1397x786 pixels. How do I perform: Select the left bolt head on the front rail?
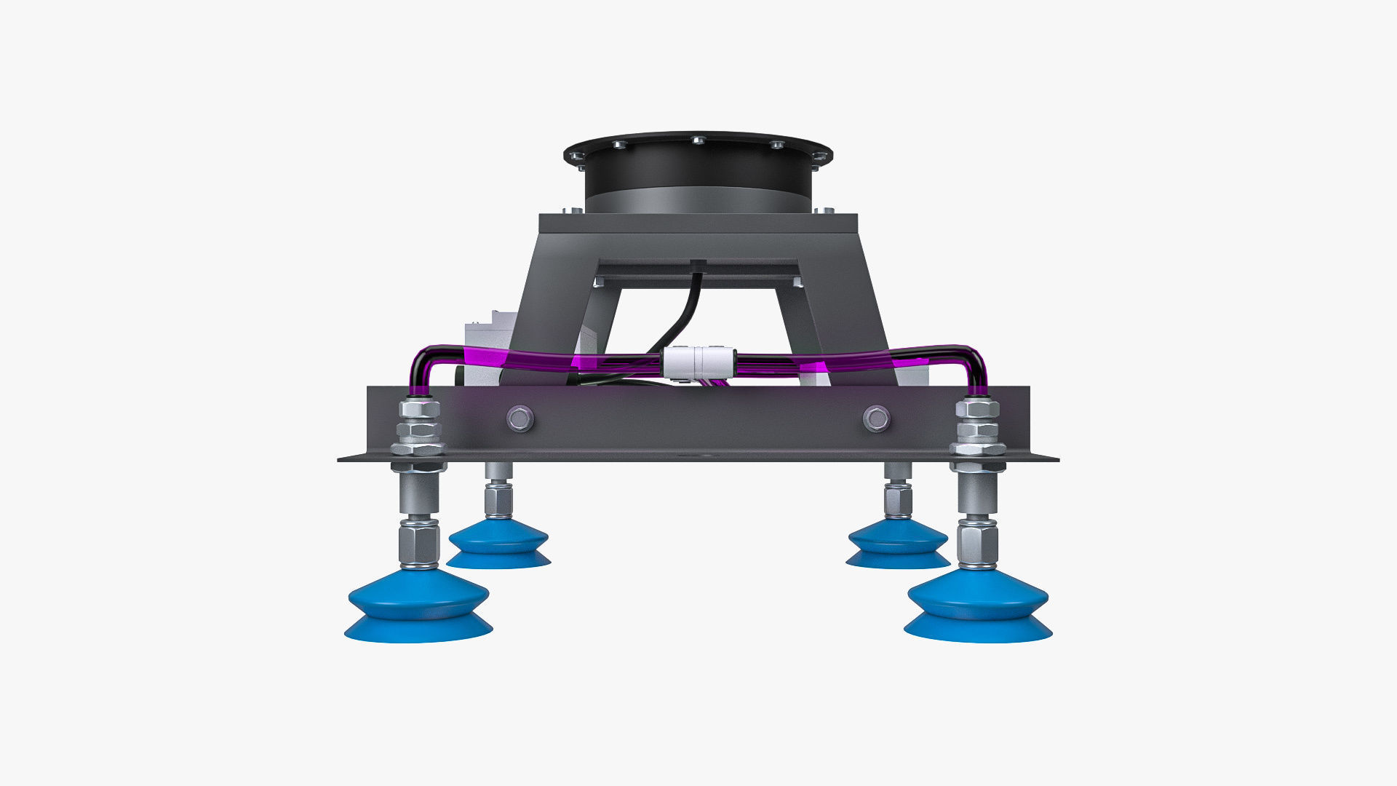click(520, 418)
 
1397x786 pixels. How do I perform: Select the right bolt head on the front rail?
click(876, 418)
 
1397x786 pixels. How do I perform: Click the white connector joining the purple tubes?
click(696, 362)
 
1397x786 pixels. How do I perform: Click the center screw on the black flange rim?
click(698, 140)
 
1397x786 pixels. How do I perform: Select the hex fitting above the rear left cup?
click(498, 499)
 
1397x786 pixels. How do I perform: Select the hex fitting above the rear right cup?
click(898, 499)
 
